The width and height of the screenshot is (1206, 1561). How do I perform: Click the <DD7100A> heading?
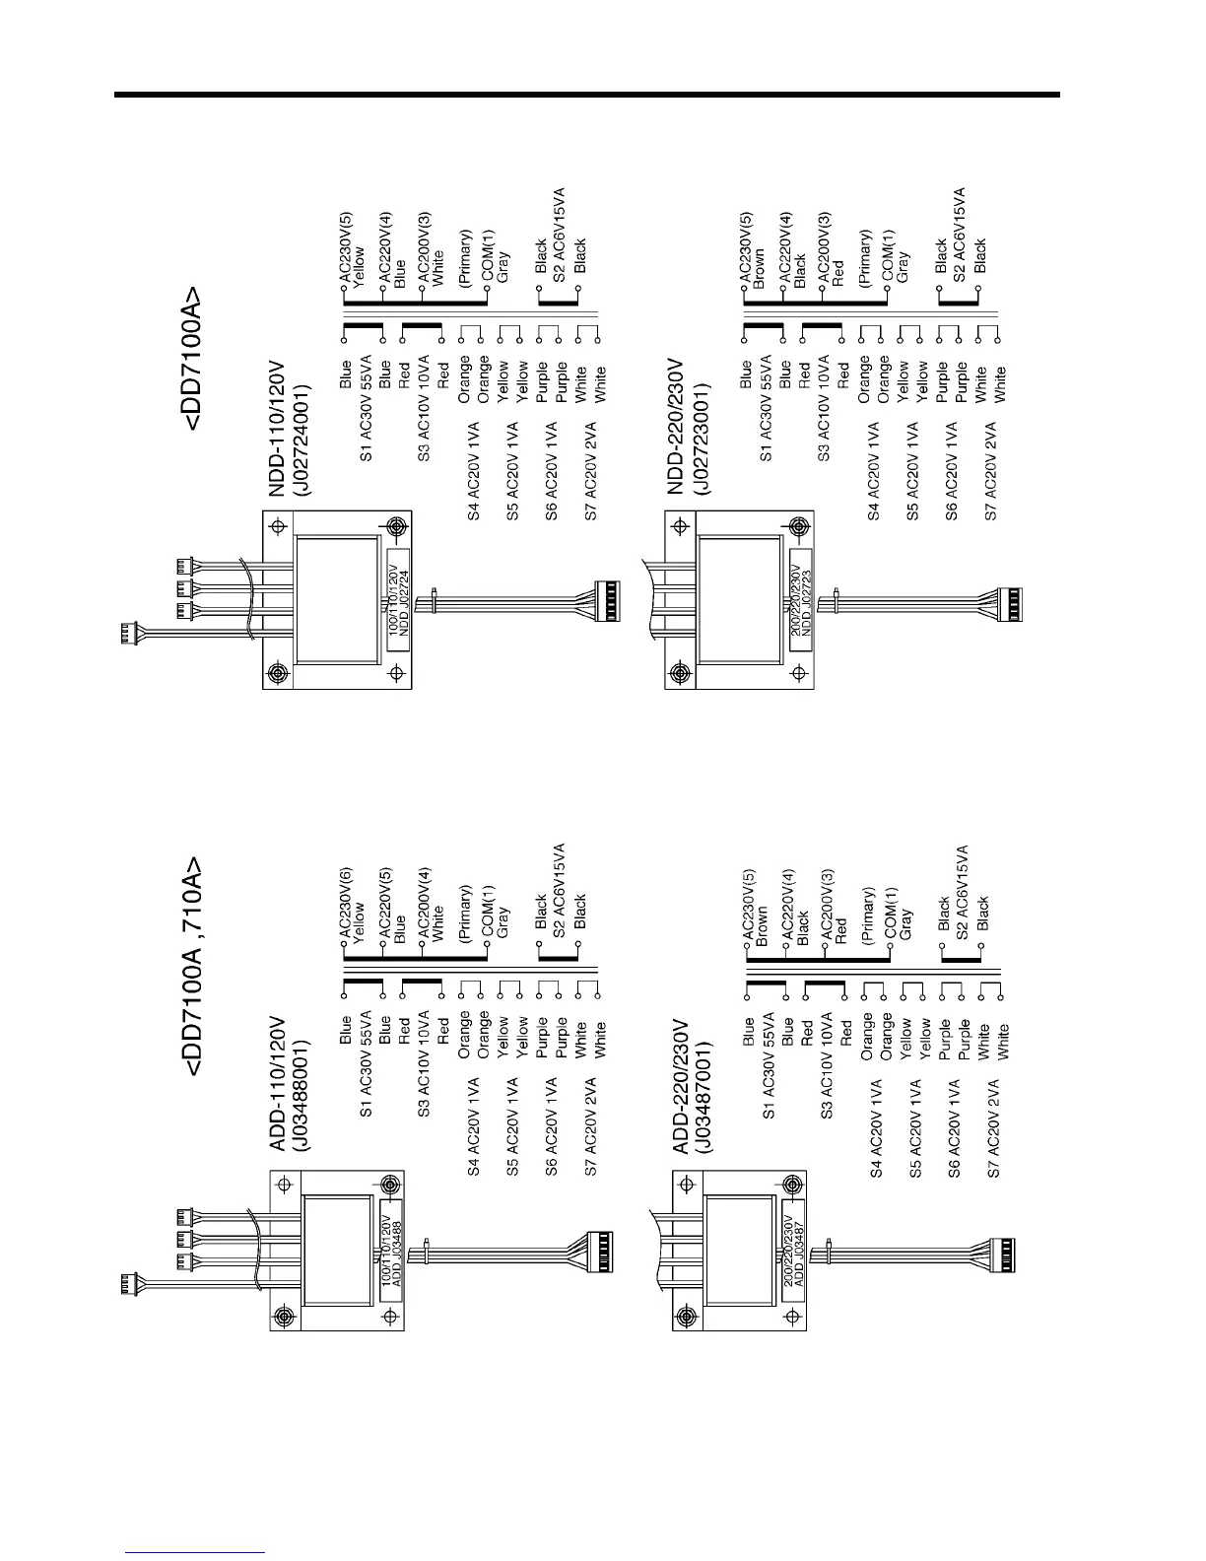pos(195,360)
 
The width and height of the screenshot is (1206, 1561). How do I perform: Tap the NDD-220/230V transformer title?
pos(676,426)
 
